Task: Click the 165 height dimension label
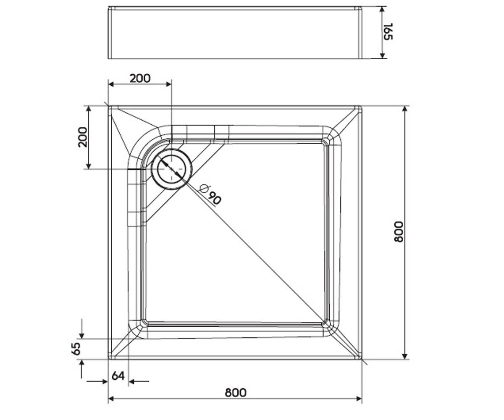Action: pos(388,31)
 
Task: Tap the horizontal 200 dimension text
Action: pos(140,79)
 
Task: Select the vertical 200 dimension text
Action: pos(83,137)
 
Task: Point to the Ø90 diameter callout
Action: pos(210,194)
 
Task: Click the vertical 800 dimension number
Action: pos(398,232)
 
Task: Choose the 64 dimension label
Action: pos(118,376)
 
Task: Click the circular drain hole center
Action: pos(172,169)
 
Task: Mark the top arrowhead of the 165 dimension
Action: pos(382,9)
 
